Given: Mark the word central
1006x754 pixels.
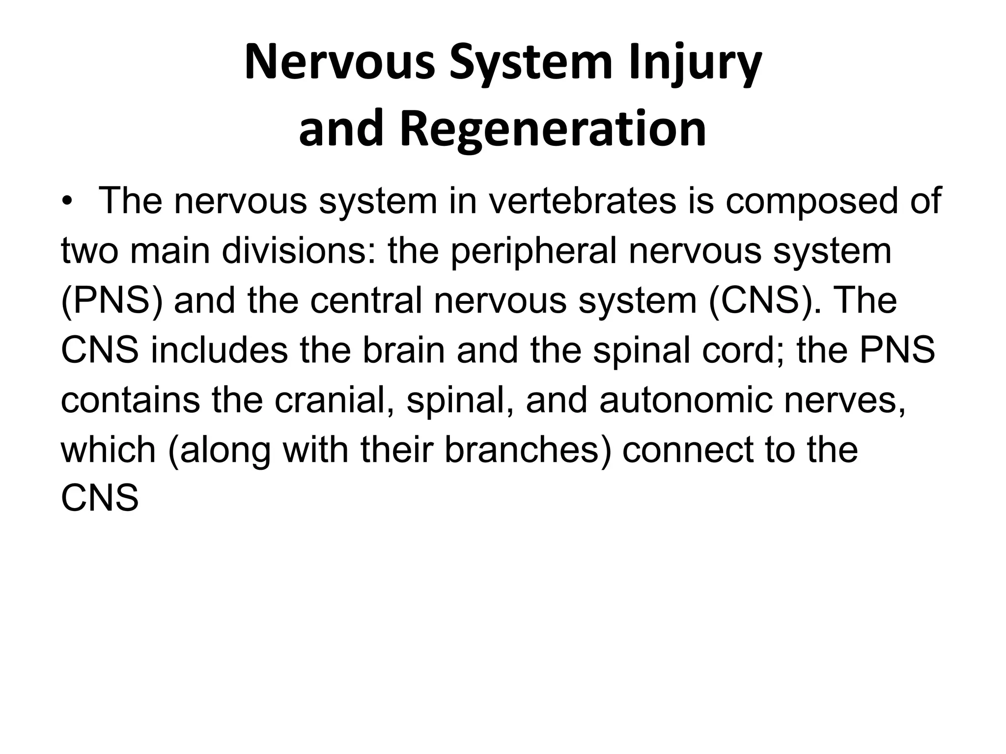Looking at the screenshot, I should point(366,300).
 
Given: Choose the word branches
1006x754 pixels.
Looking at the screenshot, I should point(528,450).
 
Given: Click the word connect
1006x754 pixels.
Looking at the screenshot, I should point(688,450).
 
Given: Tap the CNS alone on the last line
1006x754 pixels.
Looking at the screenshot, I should point(100,499).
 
